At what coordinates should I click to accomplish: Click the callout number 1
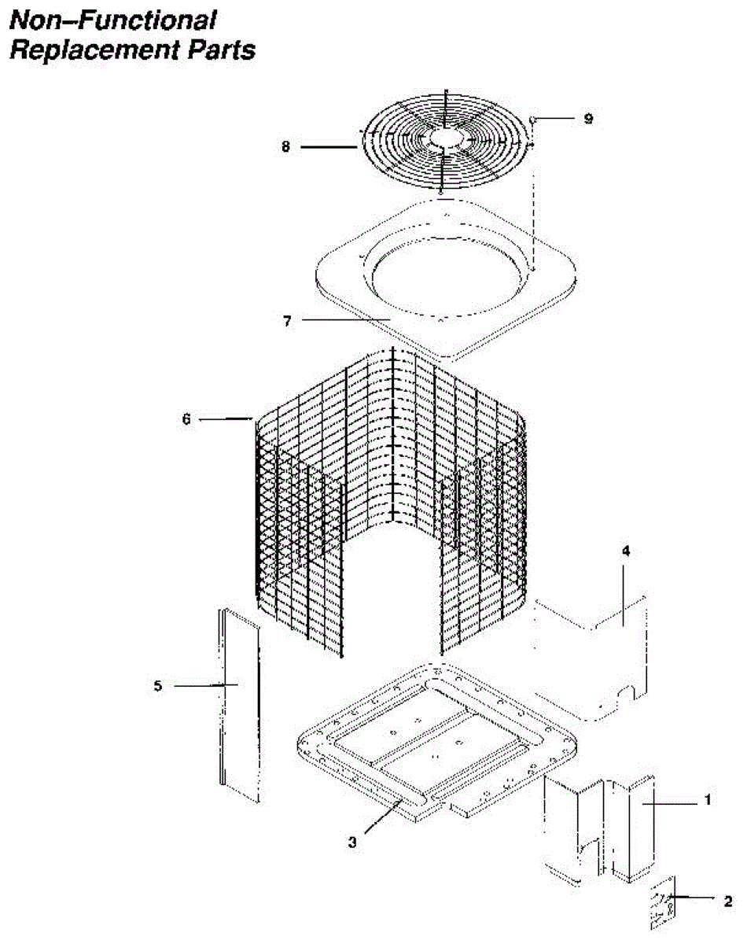[707, 800]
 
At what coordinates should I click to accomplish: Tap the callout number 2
[728, 899]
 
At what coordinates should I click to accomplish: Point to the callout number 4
[626, 551]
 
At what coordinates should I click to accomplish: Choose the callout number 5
[158, 686]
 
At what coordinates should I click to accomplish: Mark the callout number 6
[186, 420]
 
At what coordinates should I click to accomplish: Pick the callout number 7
[288, 321]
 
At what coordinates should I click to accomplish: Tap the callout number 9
[587, 119]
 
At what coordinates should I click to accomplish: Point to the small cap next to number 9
[534, 120]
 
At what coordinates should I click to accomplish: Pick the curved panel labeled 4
[598, 661]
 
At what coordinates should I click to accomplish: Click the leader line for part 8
[330, 146]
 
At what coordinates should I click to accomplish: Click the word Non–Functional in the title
[112, 20]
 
